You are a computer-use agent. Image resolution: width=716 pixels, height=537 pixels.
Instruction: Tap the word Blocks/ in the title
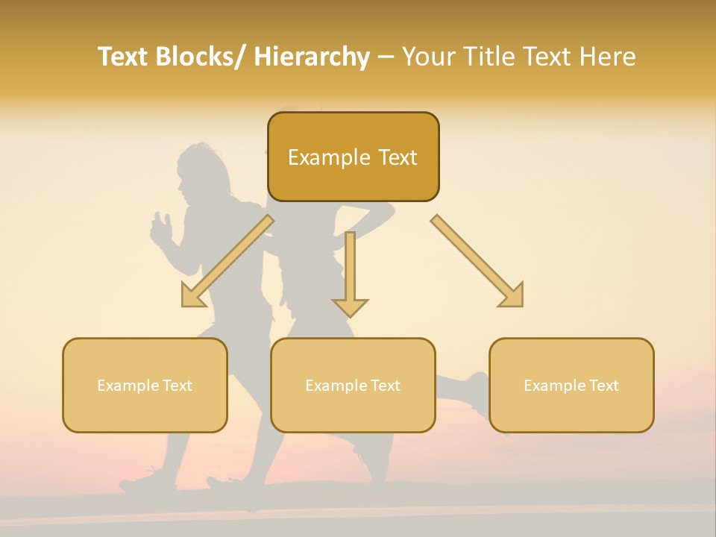click(x=204, y=57)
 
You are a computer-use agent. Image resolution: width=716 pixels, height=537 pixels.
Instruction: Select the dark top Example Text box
click(x=353, y=157)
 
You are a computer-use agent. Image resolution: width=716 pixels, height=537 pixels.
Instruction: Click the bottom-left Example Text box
click(x=145, y=386)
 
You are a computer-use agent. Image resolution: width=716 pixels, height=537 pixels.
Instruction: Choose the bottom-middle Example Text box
click(x=353, y=386)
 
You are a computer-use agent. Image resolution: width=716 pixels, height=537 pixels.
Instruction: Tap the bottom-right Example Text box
click(x=571, y=386)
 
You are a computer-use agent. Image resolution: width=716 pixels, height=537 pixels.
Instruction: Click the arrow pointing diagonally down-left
click(x=227, y=262)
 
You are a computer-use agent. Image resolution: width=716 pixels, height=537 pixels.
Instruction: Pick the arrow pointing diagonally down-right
click(x=477, y=261)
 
